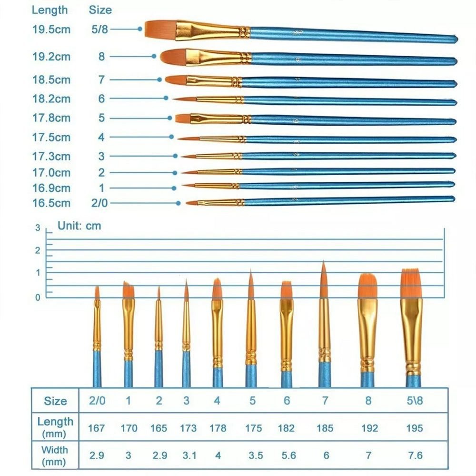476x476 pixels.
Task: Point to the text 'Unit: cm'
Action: tap(79, 226)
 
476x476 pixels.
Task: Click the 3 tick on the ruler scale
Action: tap(38, 228)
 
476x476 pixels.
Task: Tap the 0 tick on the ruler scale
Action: tap(38, 297)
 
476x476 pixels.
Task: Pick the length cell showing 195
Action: tap(415, 428)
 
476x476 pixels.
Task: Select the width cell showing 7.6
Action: tap(415, 456)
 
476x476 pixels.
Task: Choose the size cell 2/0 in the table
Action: tap(97, 401)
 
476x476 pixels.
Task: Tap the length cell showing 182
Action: tap(286, 428)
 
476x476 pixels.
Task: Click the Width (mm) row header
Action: tap(55, 455)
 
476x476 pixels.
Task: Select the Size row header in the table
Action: tap(55, 401)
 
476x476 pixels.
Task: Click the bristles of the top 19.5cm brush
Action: tap(160, 29)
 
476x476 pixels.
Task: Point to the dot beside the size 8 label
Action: tap(154, 56)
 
